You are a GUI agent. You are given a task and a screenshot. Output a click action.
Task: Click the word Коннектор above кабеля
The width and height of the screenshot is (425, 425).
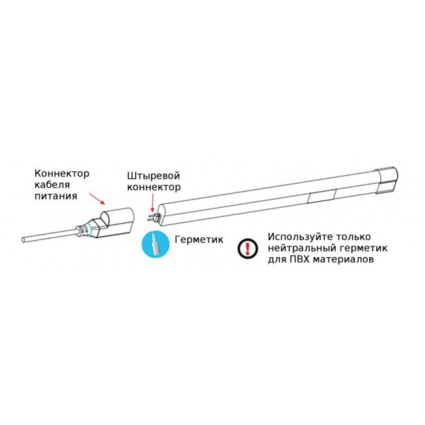(62, 174)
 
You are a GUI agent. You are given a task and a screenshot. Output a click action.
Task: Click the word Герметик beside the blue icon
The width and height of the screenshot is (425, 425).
(199, 240)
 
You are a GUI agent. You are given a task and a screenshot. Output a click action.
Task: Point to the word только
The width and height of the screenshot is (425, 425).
(355, 237)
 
